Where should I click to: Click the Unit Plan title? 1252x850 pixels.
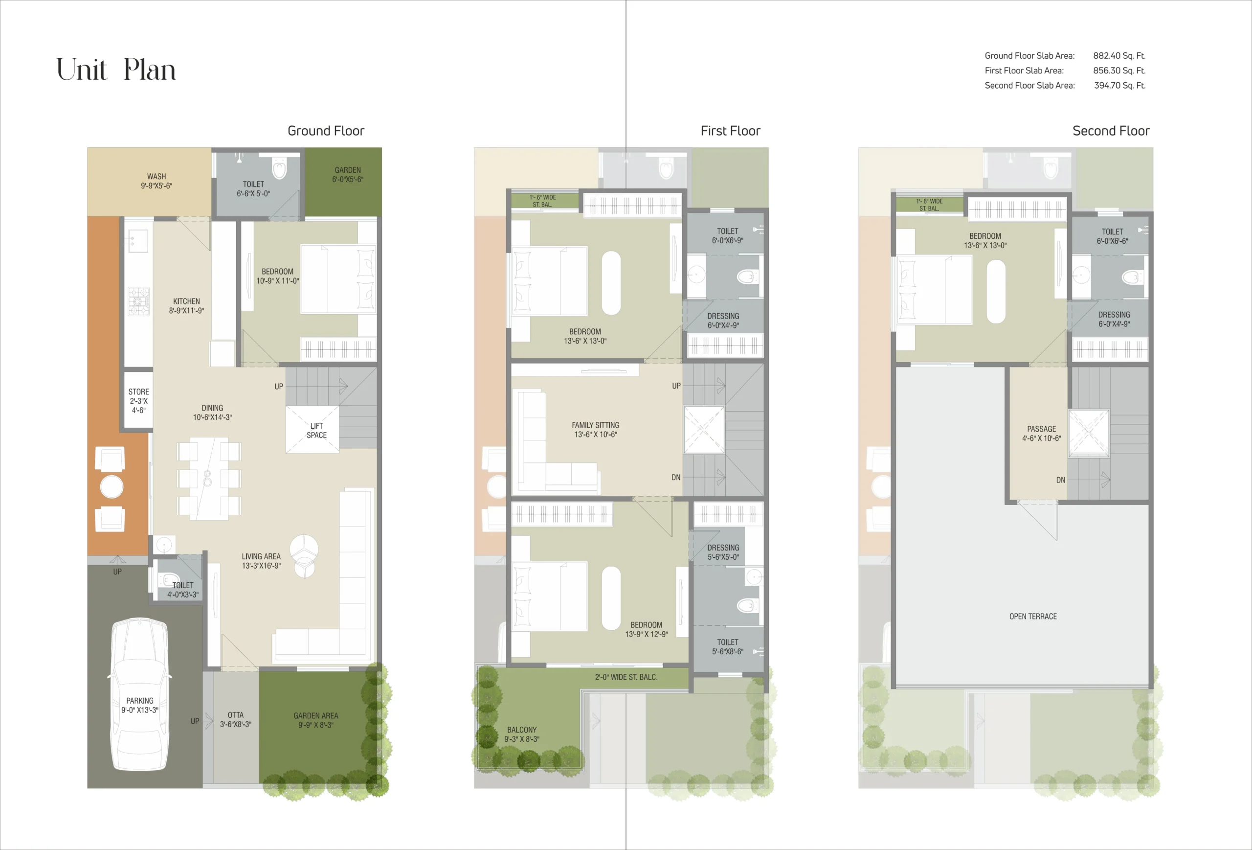point(116,70)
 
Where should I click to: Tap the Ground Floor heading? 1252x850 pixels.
point(325,131)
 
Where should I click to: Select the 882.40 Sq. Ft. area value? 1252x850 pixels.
point(1119,55)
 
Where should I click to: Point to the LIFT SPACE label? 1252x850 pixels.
point(316,431)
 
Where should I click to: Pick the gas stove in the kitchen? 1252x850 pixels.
point(138,301)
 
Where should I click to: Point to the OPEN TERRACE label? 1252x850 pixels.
point(1033,616)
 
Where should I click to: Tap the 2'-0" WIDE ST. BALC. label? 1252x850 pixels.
point(626,677)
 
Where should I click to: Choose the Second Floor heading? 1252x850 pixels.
point(1110,131)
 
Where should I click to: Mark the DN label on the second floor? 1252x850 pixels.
point(1060,480)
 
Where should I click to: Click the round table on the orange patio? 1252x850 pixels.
point(112,487)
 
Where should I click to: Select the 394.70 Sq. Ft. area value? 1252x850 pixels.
point(1119,85)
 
